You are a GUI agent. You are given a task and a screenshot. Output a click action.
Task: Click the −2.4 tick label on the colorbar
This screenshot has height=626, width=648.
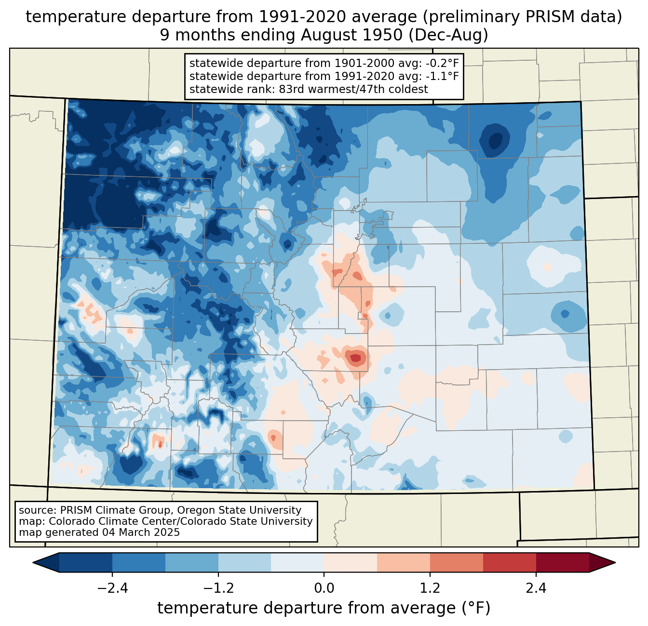click(x=112, y=588)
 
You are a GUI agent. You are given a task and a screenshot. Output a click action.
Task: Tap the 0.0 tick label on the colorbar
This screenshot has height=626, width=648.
click(x=324, y=588)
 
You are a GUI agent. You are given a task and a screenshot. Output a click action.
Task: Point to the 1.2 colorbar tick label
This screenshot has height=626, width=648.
click(x=430, y=588)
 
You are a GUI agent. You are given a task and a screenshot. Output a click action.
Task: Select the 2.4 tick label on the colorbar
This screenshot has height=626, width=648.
click(x=536, y=588)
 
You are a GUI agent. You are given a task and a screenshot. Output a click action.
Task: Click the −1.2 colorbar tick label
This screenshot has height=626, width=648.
click(x=218, y=588)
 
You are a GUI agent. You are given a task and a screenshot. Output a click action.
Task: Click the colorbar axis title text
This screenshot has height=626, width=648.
click(x=324, y=608)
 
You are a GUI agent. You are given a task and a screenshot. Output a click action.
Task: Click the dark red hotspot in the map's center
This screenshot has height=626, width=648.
click(x=355, y=358)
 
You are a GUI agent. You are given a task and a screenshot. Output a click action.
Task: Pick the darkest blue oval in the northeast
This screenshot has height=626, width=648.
click(x=495, y=141)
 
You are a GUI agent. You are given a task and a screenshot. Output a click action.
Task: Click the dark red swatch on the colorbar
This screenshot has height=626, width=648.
click(x=562, y=562)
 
